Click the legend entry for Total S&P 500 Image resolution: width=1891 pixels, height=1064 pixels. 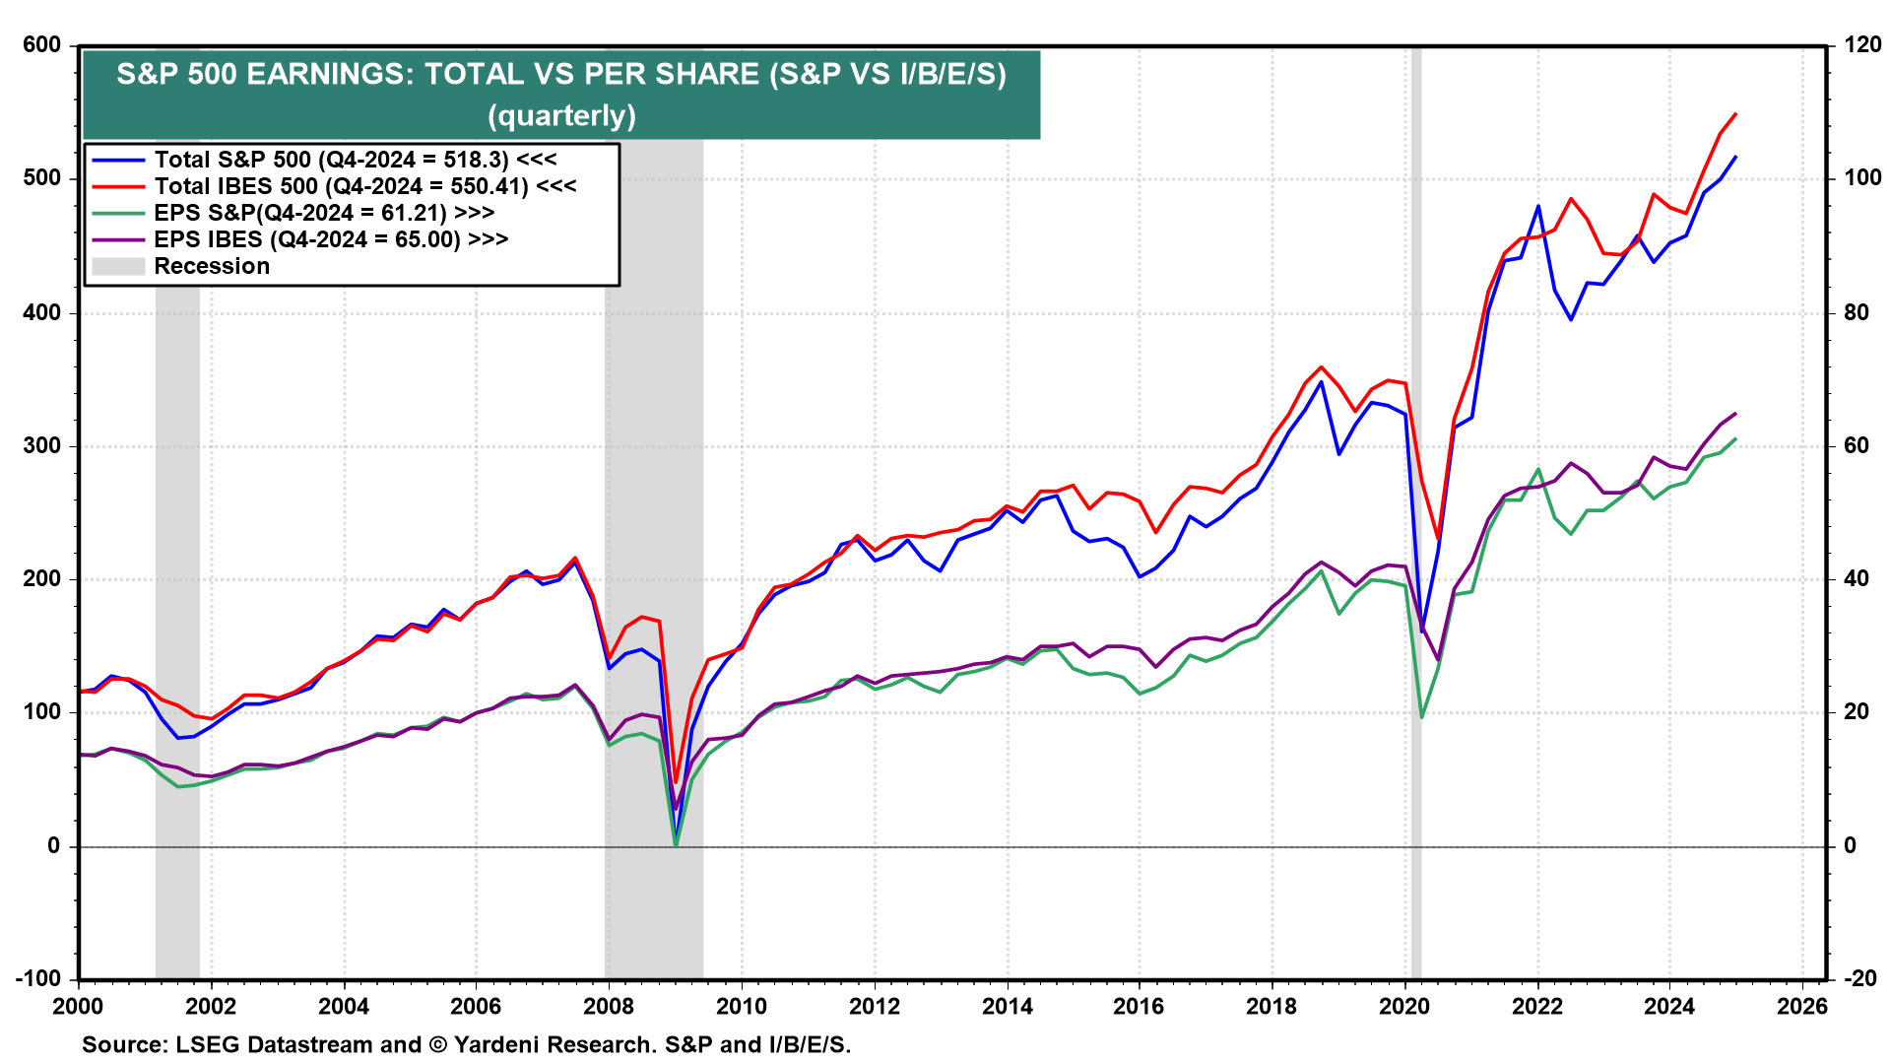pyautogui.click(x=355, y=160)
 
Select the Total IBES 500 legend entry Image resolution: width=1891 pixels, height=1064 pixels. pyautogui.click(x=364, y=186)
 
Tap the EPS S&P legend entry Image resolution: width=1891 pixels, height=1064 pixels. pyautogui.click(x=323, y=213)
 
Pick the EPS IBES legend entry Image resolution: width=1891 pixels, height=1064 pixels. pyautogui.click(x=330, y=239)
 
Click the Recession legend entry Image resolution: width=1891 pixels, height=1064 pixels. pyautogui.click(x=211, y=266)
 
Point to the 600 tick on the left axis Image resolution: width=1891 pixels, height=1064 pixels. pyautogui.click(x=41, y=45)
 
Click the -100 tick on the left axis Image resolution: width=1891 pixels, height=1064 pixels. pyautogui.click(x=37, y=978)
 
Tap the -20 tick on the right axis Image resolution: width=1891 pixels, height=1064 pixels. pyautogui.click(x=1859, y=978)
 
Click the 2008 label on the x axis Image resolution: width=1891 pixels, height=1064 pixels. pyautogui.click(x=609, y=1006)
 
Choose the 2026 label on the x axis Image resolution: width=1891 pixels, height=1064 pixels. pyautogui.click(x=1802, y=1006)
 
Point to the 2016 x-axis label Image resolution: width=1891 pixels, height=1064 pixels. pyautogui.click(x=1139, y=1006)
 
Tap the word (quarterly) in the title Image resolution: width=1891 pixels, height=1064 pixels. pyautogui.click(x=561, y=116)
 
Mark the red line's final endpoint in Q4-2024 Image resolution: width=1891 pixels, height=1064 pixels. pyautogui.click(x=1735, y=114)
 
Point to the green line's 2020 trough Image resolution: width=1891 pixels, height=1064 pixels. pyautogui.click(x=1421, y=716)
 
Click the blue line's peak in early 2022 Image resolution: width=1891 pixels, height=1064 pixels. pyautogui.click(x=1537, y=206)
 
